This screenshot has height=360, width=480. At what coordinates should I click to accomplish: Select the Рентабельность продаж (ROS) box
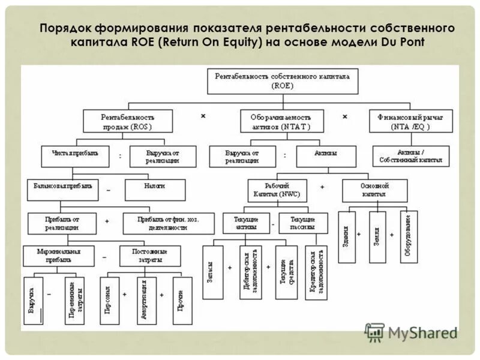[127, 121]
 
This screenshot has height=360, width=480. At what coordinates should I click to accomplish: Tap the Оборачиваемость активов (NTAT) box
[282, 121]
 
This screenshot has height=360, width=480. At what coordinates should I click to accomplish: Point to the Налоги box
[154, 190]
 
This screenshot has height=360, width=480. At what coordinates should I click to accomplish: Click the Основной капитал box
[374, 190]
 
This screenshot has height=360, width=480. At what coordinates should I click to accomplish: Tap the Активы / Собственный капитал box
[410, 156]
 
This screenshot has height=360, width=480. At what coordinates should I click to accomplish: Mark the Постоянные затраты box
[150, 256]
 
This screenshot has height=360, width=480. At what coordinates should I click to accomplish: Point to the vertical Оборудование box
[409, 237]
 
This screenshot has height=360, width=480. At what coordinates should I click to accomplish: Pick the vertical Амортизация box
[146, 301]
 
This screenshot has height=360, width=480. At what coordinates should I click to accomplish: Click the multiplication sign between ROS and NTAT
[203, 116]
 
